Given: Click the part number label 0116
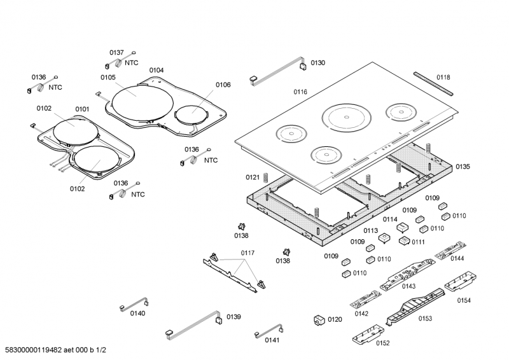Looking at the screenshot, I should click(300, 92).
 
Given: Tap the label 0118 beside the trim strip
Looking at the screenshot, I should click(443, 78).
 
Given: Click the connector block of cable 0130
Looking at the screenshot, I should click(303, 64).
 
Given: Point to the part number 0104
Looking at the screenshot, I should click(157, 70).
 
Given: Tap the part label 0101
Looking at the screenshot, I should click(82, 109).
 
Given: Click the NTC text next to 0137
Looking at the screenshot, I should click(131, 63).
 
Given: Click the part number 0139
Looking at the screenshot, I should click(234, 317).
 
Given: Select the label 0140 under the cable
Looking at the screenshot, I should click(137, 314).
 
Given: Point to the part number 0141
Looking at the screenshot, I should click(272, 340).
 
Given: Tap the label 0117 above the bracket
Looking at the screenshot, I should click(248, 253).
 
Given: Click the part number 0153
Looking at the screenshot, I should click(425, 319).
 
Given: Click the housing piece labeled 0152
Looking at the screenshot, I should click(370, 332).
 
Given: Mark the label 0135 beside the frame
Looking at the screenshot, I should click(463, 167).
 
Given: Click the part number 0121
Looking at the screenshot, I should click(253, 177).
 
